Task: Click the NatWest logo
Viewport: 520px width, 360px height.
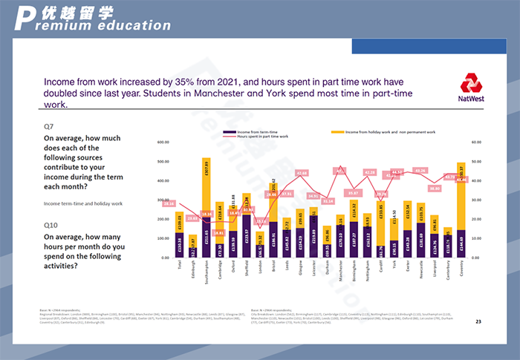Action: (x=472, y=88)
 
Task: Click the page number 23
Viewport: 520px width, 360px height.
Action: (x=478, y=321)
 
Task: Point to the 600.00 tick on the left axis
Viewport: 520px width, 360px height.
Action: (x=164, y=143)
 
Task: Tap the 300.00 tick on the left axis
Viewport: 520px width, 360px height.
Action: (x=164, y=200)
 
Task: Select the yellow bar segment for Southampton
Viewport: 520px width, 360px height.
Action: (x=206, y=186)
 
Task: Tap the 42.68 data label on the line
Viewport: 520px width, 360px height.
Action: (x=302, y=173)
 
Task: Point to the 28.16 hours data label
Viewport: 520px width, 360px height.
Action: (x=169, y=203)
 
